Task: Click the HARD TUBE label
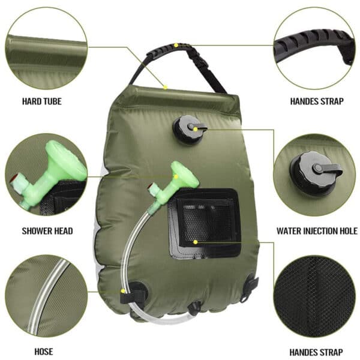tap(41, 101)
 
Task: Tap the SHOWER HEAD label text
tap(47, 230)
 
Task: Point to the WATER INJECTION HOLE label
tap(317, 230)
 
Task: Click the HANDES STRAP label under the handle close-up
tap(317, 101)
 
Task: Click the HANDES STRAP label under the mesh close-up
tap(317, 352)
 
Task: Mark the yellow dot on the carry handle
tap(176, 45)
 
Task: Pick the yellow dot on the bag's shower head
tap(176, 177)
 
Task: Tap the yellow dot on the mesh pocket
tap(196, 242)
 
